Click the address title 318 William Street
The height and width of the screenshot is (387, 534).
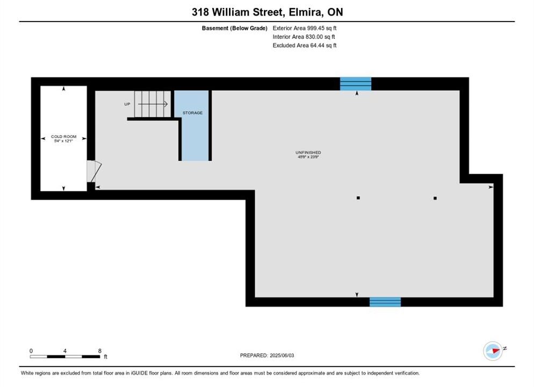[237, 12]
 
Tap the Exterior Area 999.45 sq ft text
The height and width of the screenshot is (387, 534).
[305, 28]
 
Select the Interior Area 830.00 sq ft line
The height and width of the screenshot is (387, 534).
[304, 37]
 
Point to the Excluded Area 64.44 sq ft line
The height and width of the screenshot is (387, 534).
[305, 45]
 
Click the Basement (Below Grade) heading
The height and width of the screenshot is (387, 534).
[234, 28]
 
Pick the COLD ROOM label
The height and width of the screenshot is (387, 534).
[64, 137]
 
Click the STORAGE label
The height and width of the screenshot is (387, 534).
[192, 113]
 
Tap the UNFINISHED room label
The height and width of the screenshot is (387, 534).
[308, 153]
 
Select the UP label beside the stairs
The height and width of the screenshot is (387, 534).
[127, 104]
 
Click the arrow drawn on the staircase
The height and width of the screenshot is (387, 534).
[153, 104]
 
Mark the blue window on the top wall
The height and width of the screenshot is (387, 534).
[356, 84]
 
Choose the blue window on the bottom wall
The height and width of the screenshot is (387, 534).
[385, 302]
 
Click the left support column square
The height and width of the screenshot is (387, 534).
[358, 198]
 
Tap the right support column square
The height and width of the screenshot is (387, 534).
[435, 198]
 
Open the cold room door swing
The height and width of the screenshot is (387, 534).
[94, 171]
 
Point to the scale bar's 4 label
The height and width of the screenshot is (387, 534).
[64, 351]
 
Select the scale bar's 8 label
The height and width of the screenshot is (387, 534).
[100, 351]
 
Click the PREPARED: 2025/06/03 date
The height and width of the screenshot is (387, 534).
[267, 355]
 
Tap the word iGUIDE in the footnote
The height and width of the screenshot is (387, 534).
[139, 373]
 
